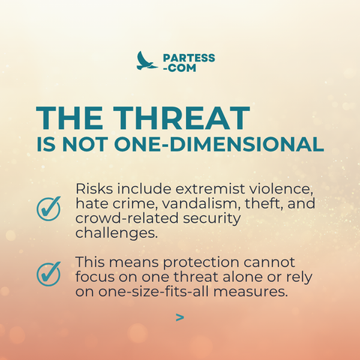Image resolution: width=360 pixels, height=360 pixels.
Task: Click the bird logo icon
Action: [x=146, y=61]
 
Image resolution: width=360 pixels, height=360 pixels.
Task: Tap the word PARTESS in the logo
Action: [x=189, y=58]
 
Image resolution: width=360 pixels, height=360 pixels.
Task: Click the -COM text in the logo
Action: [x=179, y=68]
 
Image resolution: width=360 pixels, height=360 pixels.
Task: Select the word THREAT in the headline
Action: [x=181, y=118]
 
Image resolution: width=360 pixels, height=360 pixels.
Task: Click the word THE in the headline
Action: [x=70, y=118]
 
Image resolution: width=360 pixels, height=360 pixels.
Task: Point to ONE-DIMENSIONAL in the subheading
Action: [x=219, y=144]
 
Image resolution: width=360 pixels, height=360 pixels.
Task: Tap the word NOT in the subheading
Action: [x=85, y=144]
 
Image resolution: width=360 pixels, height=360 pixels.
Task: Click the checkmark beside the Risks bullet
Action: [x=49, y=208]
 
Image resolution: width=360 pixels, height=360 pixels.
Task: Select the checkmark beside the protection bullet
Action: [x=49, y=274]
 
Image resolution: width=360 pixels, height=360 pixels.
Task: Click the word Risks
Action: [x=94, y=188]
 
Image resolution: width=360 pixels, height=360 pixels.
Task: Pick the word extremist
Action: [x=210, y=188]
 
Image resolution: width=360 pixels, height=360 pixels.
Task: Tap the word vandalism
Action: [x=199, y=203]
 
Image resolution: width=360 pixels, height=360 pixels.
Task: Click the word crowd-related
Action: [x=127, y=218]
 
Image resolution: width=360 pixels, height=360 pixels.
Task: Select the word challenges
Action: [x=117, y=233]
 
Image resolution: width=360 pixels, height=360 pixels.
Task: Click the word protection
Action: [x=201, y=262]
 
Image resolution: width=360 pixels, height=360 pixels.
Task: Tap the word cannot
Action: [x=269, y=262]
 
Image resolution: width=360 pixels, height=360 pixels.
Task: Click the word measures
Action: [x=250, y=292]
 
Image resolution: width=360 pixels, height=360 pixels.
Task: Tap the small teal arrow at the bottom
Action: [x=180, y=317]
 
